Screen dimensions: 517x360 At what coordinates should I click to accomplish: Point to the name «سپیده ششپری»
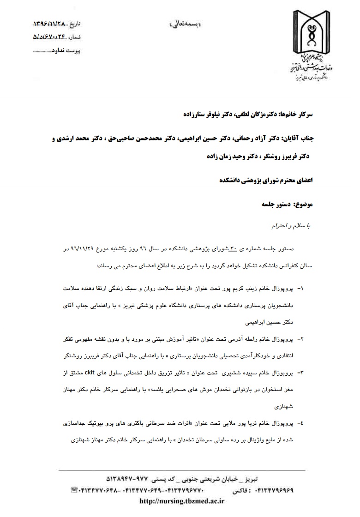(239, 372)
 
